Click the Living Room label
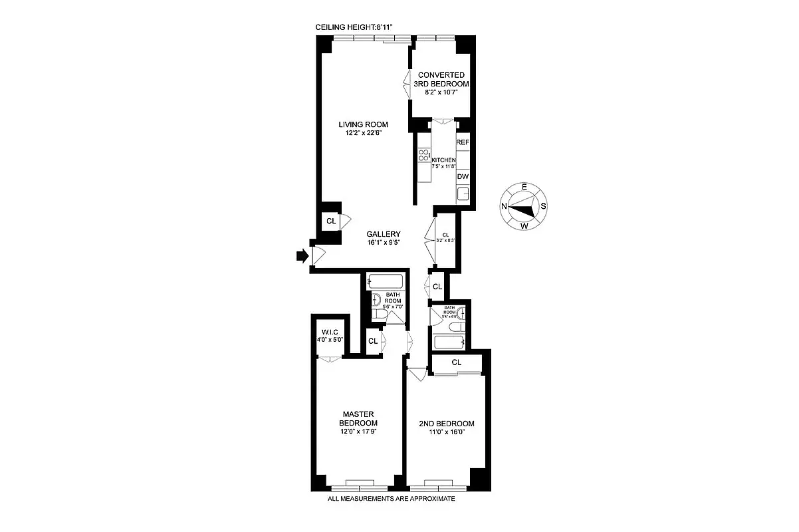coord(362,124)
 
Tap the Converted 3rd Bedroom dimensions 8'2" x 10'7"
coord(440,94)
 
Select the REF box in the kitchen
coord(463,142)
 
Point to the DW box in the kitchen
coord(463,177)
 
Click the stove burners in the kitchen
coord(423,157)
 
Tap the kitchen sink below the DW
coord(463,194)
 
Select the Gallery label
coord(384,234)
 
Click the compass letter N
coord(505,206)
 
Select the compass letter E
coord(524,187)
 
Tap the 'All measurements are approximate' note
coord(392,499)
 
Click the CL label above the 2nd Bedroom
coord(457,362)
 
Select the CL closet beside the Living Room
coord(330,220)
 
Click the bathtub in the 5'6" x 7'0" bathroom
coord(385,281)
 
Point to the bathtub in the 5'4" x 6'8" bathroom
coord(449,342)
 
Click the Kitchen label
coord(443,160)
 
